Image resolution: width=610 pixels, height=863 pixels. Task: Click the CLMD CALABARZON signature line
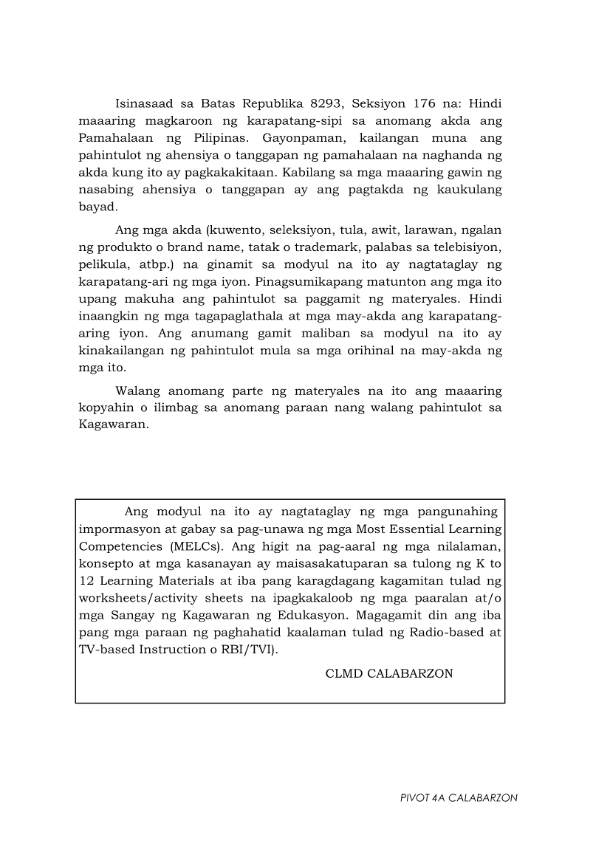389,673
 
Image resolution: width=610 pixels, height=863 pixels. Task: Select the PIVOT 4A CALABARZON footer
458,798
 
